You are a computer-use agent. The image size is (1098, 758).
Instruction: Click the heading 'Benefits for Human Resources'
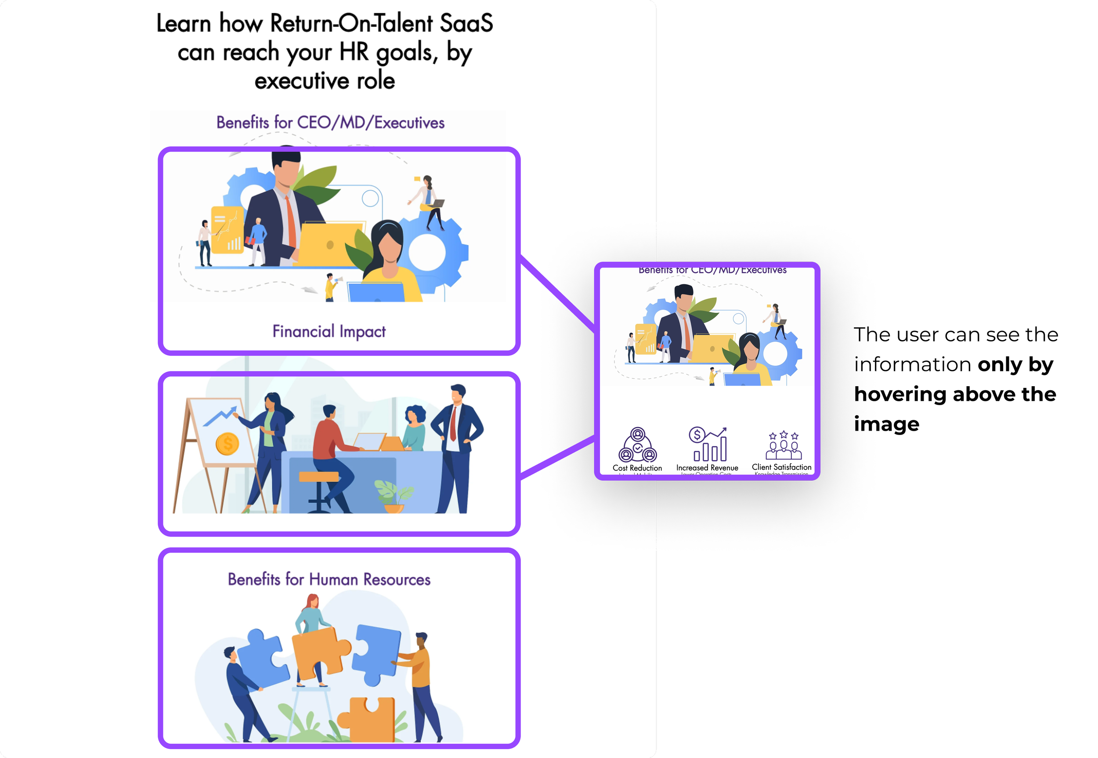(329, 580)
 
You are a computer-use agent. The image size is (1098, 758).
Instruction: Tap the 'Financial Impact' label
(329, 331)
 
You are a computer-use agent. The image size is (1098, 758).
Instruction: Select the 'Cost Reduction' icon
(638, 445)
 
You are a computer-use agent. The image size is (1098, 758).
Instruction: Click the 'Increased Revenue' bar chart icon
(708, 445)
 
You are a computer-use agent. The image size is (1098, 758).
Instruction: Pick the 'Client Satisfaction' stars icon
(783, 445)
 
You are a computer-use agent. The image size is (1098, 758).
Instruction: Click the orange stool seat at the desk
(318, 476)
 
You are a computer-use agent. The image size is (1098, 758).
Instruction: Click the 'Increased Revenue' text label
(707, 468)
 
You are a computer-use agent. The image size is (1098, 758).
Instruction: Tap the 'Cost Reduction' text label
(637, 468)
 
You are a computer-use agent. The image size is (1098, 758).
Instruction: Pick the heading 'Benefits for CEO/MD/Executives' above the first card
(330, 123)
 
